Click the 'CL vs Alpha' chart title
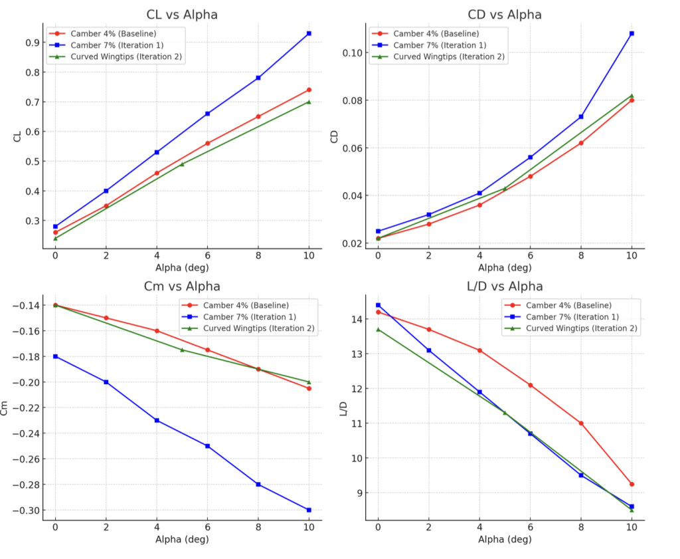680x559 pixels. pos(181,15)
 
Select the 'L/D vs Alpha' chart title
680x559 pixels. pos(505,286)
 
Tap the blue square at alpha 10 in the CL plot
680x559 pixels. pos(309,33)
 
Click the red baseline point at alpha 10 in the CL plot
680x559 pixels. pos(309,90)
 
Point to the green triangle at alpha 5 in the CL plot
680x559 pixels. pos(182,164)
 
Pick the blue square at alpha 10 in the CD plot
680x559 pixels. pos(632,33)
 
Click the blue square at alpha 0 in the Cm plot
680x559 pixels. pos(55,356)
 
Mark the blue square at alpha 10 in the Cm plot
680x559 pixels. pos(309,510)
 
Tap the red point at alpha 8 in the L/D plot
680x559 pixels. pos(581,423)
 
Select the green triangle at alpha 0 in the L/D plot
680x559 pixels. pos(378,329)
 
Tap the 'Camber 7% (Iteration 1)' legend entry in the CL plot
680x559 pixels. pos(112,45)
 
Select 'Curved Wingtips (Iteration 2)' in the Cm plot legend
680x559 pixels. pos(258,328)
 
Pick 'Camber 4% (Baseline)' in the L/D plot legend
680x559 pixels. pos(568,305)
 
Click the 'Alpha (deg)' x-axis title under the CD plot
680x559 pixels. pos(505,268)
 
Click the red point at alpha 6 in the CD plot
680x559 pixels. pos(530,176)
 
